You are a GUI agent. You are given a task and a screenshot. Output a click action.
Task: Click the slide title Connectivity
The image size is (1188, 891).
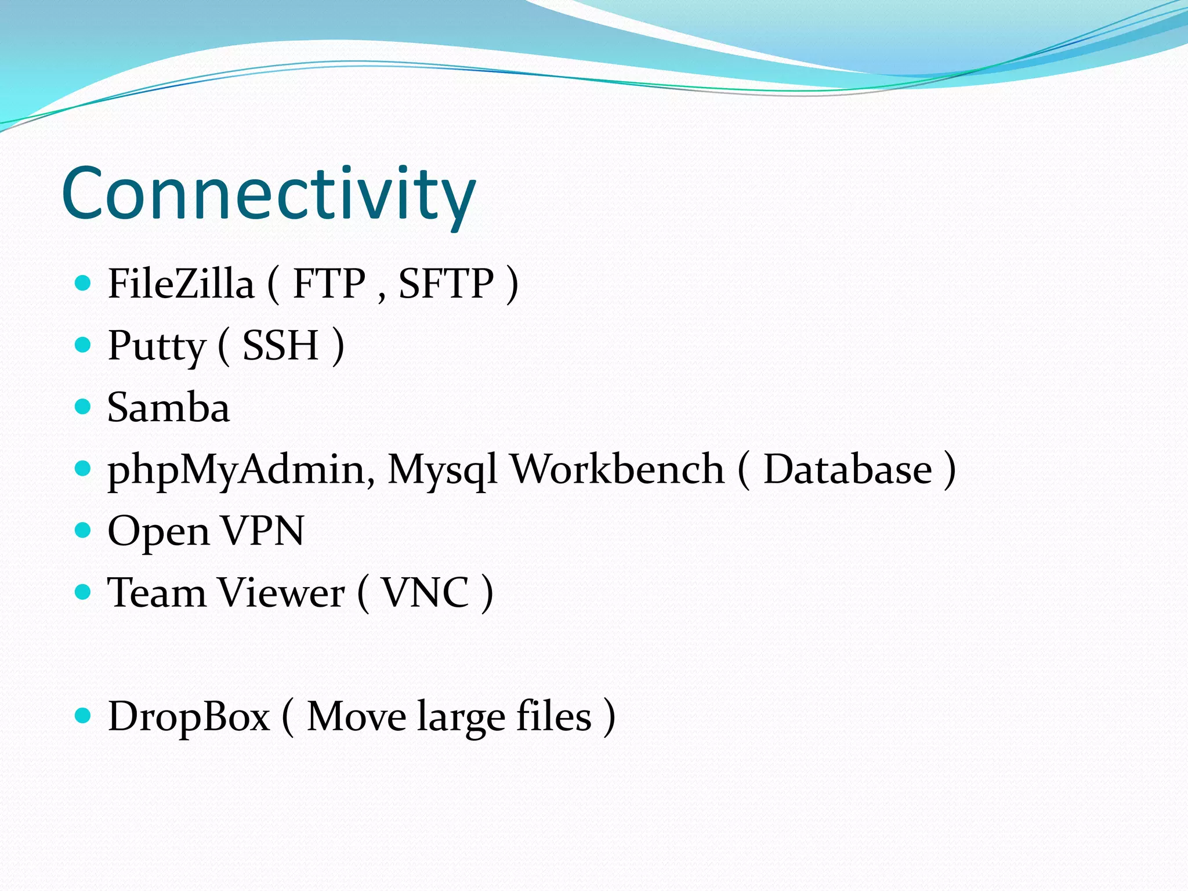(268, 194)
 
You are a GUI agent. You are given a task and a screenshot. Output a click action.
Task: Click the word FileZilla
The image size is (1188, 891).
(181, 284)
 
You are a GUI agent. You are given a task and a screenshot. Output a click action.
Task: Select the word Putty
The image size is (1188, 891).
(157, 346)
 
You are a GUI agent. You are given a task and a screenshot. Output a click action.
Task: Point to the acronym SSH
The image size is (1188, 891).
(280, 346)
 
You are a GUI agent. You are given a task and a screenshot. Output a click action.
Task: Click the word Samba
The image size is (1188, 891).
(168, 407)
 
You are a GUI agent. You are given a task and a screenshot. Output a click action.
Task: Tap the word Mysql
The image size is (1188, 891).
(442, 470)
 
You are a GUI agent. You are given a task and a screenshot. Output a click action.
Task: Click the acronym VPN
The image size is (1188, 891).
(263, 531)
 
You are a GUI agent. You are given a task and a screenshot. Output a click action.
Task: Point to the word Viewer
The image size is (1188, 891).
(281, 593)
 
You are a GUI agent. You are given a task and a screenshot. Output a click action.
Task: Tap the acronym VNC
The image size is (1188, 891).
(425, 593)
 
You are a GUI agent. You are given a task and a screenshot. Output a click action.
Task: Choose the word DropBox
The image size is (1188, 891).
(189, 716)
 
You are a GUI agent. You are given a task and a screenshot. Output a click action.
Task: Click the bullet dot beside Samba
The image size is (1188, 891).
(84, 407)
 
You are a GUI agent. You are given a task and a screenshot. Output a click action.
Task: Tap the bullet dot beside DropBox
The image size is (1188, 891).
(84, 716)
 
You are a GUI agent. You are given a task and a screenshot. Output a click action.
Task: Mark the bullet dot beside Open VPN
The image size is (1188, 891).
(84, 530)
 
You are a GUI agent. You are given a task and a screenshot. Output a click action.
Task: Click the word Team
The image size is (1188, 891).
(157, 593)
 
